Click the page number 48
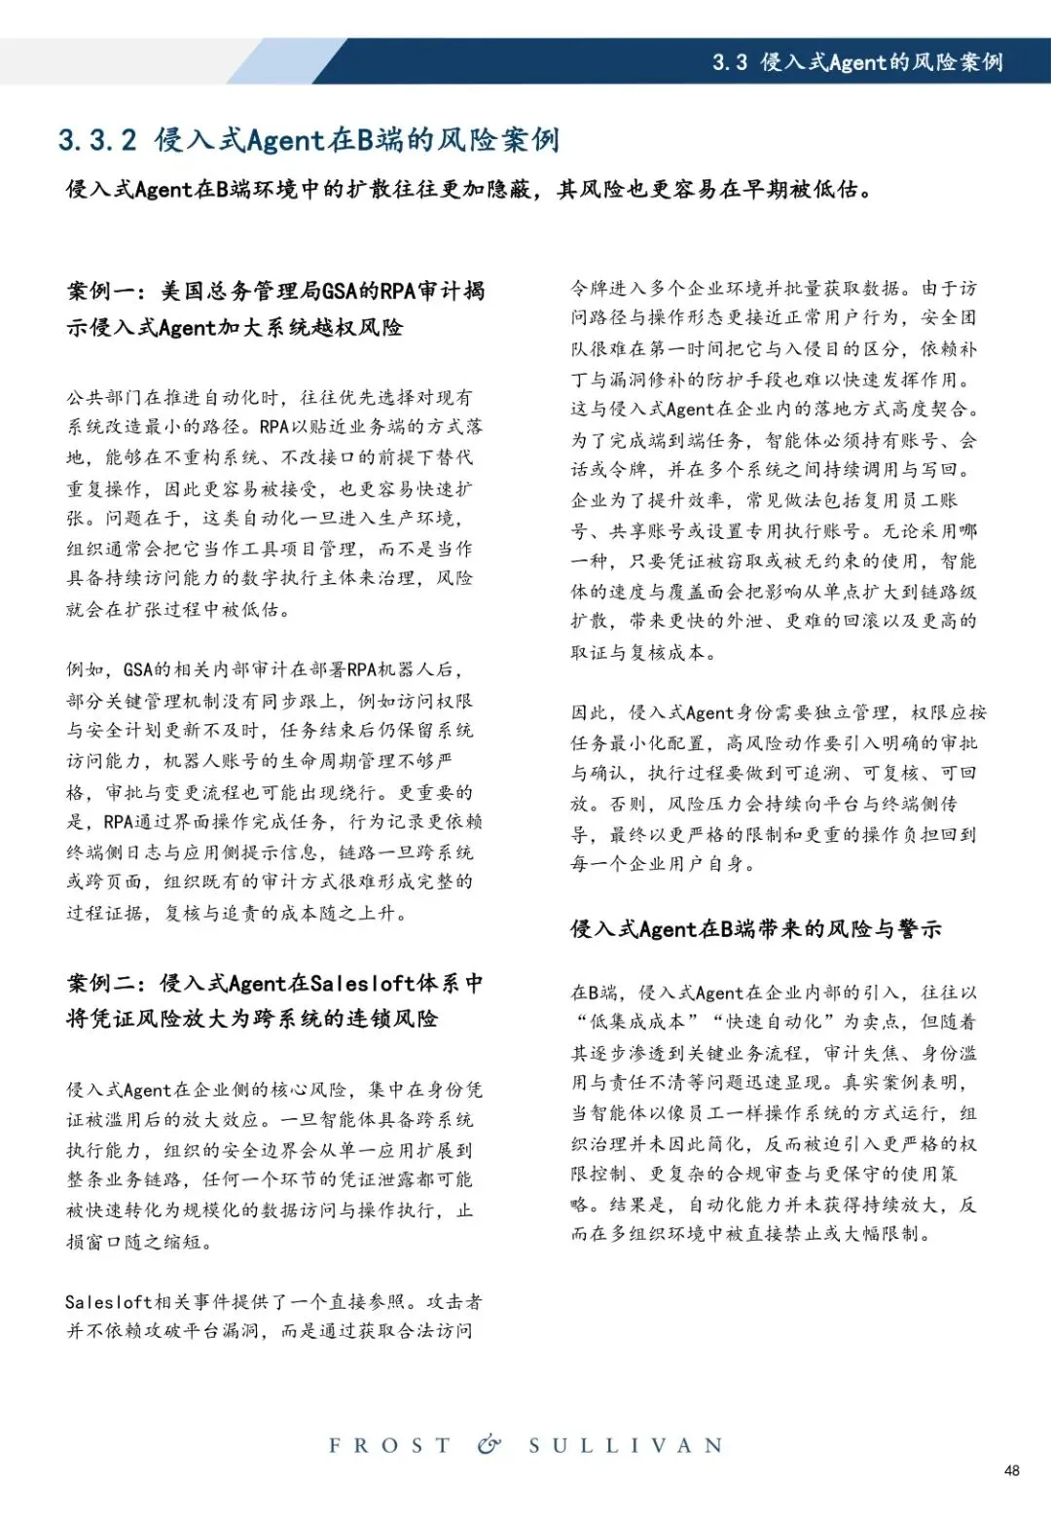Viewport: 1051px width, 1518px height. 1011,1470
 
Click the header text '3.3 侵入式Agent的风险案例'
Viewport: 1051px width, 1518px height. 857,62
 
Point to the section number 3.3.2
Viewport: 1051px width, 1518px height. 97,140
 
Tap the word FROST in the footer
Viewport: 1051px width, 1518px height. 389,1446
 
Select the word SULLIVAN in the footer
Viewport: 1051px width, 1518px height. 627,1446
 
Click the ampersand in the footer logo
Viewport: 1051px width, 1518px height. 489,1445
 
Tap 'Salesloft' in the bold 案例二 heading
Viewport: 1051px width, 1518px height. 363,984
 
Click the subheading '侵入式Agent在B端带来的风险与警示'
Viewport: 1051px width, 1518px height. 755,929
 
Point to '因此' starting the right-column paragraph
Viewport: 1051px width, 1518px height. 590,712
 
